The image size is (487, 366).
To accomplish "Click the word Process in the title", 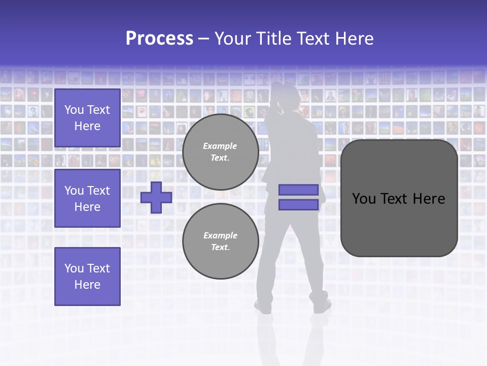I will (x=159, y=39).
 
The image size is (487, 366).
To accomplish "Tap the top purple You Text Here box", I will (x=87, y=118).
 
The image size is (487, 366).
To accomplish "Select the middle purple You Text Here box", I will (x=87, y=198).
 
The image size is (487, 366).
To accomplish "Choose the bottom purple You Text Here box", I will (x=87, y=277).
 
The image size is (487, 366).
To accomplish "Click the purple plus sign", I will (x=156, y=197).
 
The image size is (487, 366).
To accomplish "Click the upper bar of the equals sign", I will (x=298, y=190).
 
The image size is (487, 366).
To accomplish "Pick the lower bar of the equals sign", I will (x=298, y=205).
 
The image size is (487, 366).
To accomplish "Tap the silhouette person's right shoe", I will (x=322, y=305).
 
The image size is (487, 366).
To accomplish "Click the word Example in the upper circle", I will (x=220, y=146).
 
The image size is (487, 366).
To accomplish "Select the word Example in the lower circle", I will (x=220, y=235).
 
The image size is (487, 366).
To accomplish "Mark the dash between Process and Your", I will (x=203, y=39).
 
